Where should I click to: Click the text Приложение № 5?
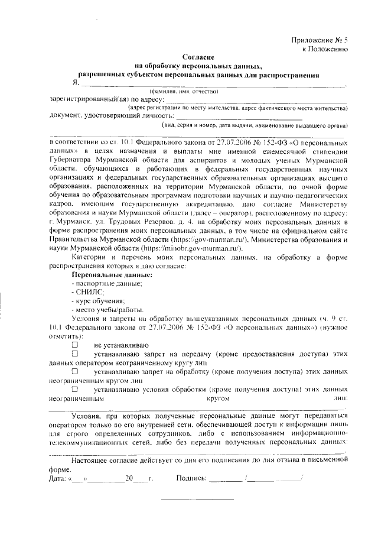(x=320, y=40)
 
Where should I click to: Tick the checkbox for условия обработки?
(x=75, y=390)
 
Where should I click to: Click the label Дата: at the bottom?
(x=58, y=478)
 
